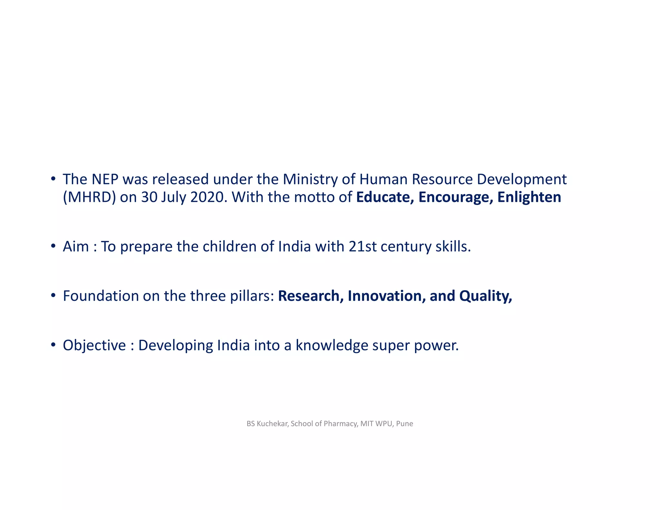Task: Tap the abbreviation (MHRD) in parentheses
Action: point(89,197)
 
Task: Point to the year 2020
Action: point(207,197)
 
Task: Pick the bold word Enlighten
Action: point(529,197)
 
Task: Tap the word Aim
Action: point(76,247)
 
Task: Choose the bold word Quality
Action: point(485,296)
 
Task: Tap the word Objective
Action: point(94,345)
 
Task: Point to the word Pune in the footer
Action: point(404,424)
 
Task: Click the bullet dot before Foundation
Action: point(53,295)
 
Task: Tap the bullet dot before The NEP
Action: point(53,179)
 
